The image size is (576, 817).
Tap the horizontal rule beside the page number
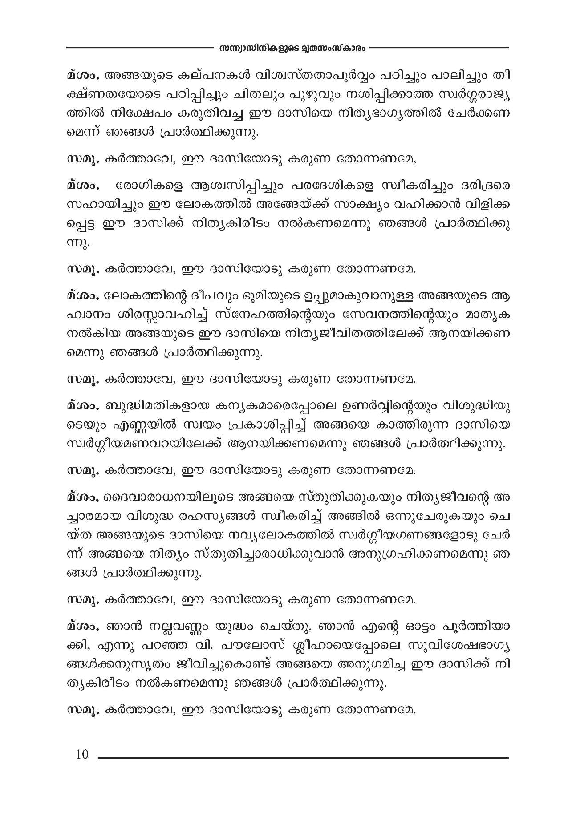tap(303, 757)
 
